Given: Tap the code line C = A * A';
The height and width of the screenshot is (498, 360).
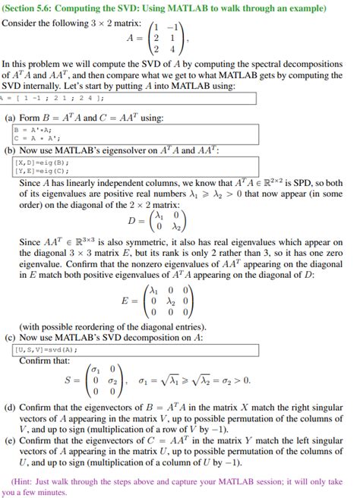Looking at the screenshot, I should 33,137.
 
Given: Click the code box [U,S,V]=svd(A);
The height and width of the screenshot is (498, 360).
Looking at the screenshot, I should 46,349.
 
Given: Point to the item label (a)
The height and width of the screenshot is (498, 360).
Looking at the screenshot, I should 11,118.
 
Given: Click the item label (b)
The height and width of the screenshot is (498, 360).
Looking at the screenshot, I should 11,151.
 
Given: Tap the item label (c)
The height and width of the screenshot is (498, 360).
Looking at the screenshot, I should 11,337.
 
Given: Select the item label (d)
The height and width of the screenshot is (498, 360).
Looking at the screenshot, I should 11,408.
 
